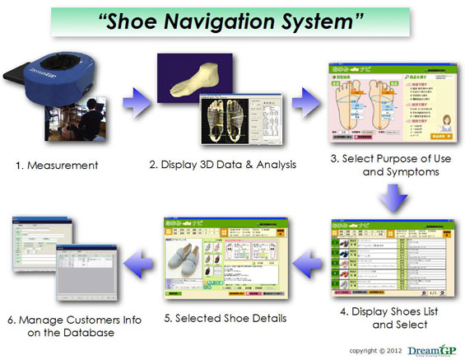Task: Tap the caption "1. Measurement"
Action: (x=56, y=166)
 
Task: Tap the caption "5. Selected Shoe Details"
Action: (x=221, y=316)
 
